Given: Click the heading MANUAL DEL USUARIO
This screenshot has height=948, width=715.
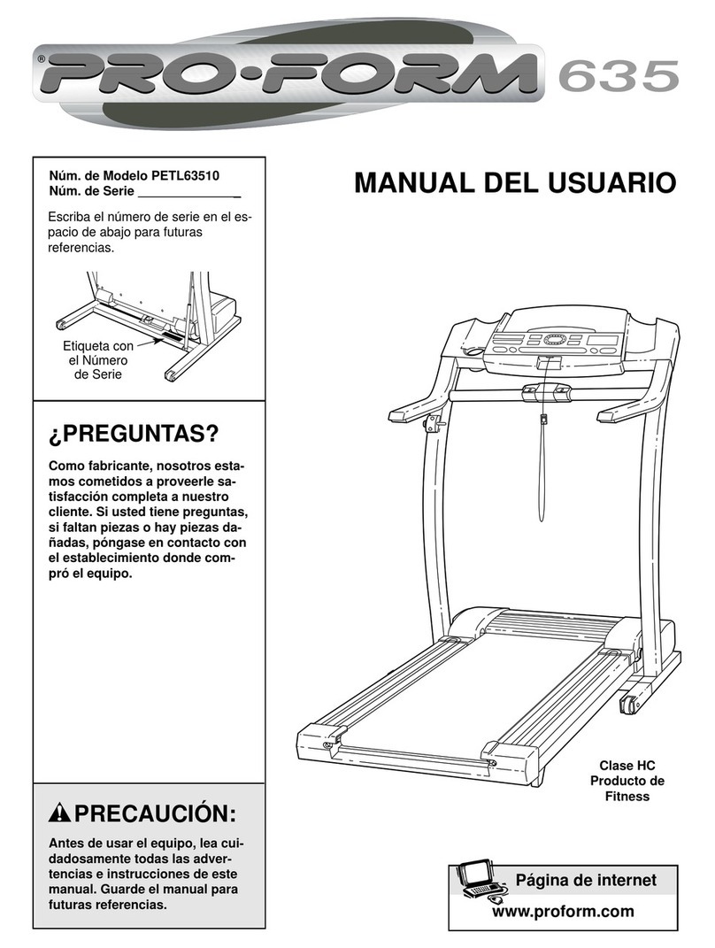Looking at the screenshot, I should click(514, 184).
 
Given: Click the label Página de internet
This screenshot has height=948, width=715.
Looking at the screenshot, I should click(585, 880).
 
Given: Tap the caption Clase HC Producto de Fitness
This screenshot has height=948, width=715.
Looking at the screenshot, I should click(627, 781).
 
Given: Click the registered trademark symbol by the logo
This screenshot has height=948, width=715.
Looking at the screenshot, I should click(41, 61).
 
